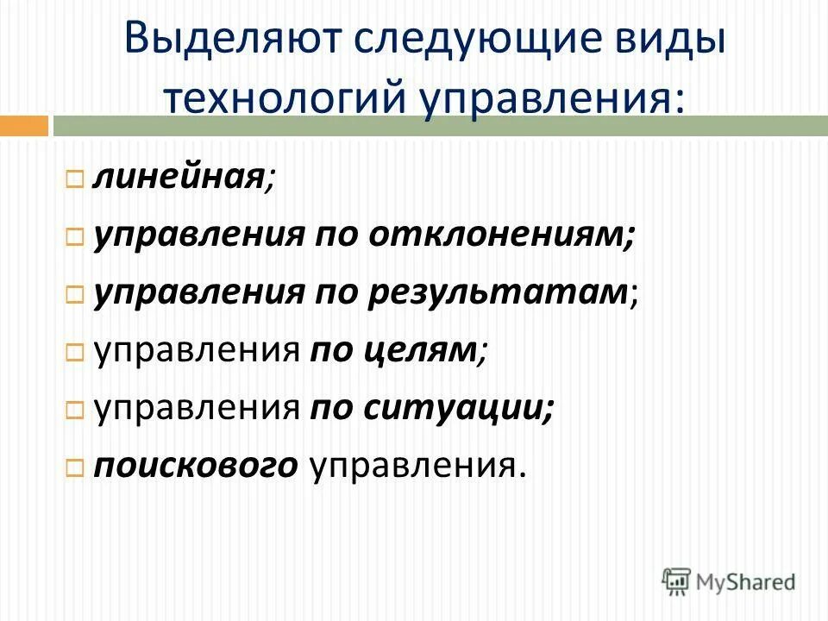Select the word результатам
[x=498, y=292]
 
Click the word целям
[x=393, y=350]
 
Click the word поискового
[x=197, y=465]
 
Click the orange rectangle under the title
[x=23, y=126]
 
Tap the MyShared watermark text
[x=746, y=582]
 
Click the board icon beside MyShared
[x=676, y=581]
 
